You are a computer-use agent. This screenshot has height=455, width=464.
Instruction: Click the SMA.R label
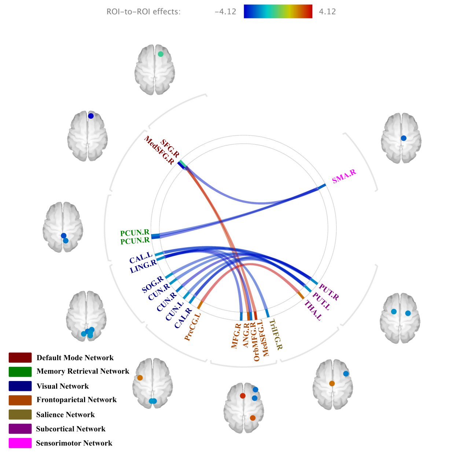[344, 176]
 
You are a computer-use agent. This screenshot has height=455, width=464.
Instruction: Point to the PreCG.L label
[192, 327]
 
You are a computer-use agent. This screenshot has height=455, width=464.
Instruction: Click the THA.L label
[313, 310]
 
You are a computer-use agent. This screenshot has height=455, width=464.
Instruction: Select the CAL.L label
[141, 258]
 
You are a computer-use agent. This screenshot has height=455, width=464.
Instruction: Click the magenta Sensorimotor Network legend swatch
[20, 443]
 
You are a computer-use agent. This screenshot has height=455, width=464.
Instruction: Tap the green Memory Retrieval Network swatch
[20, 371]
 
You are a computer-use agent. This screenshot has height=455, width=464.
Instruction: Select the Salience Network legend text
[66, 415]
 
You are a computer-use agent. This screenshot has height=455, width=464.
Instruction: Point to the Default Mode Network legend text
[75, 358]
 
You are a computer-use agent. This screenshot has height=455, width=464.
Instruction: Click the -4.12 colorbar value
[225, 12]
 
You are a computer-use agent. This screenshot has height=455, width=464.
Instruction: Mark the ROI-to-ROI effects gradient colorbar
[278, 11]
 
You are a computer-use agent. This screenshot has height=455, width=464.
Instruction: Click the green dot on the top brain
[161, 54]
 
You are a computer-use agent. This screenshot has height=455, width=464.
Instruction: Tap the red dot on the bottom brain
[243, 396]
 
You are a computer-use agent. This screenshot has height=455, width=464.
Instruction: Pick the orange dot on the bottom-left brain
[140, 378]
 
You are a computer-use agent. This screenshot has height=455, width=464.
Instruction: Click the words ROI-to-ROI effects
[143, 12]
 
